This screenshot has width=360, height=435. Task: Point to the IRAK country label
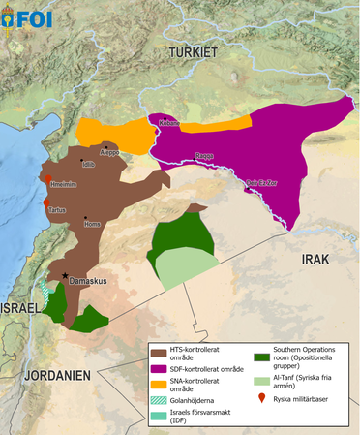click(x=317, y=259)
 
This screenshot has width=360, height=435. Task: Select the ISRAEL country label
click(x=20, y=307)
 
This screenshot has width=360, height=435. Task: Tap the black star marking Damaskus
click(x=66, y=277)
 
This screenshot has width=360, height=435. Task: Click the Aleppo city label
click(x=110, y=152)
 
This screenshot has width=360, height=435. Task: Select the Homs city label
click(x=93, y=224)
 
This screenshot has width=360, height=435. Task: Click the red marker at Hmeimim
click(x=45, y=177)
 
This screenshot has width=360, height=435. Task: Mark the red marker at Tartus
click(x=45, y=202)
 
